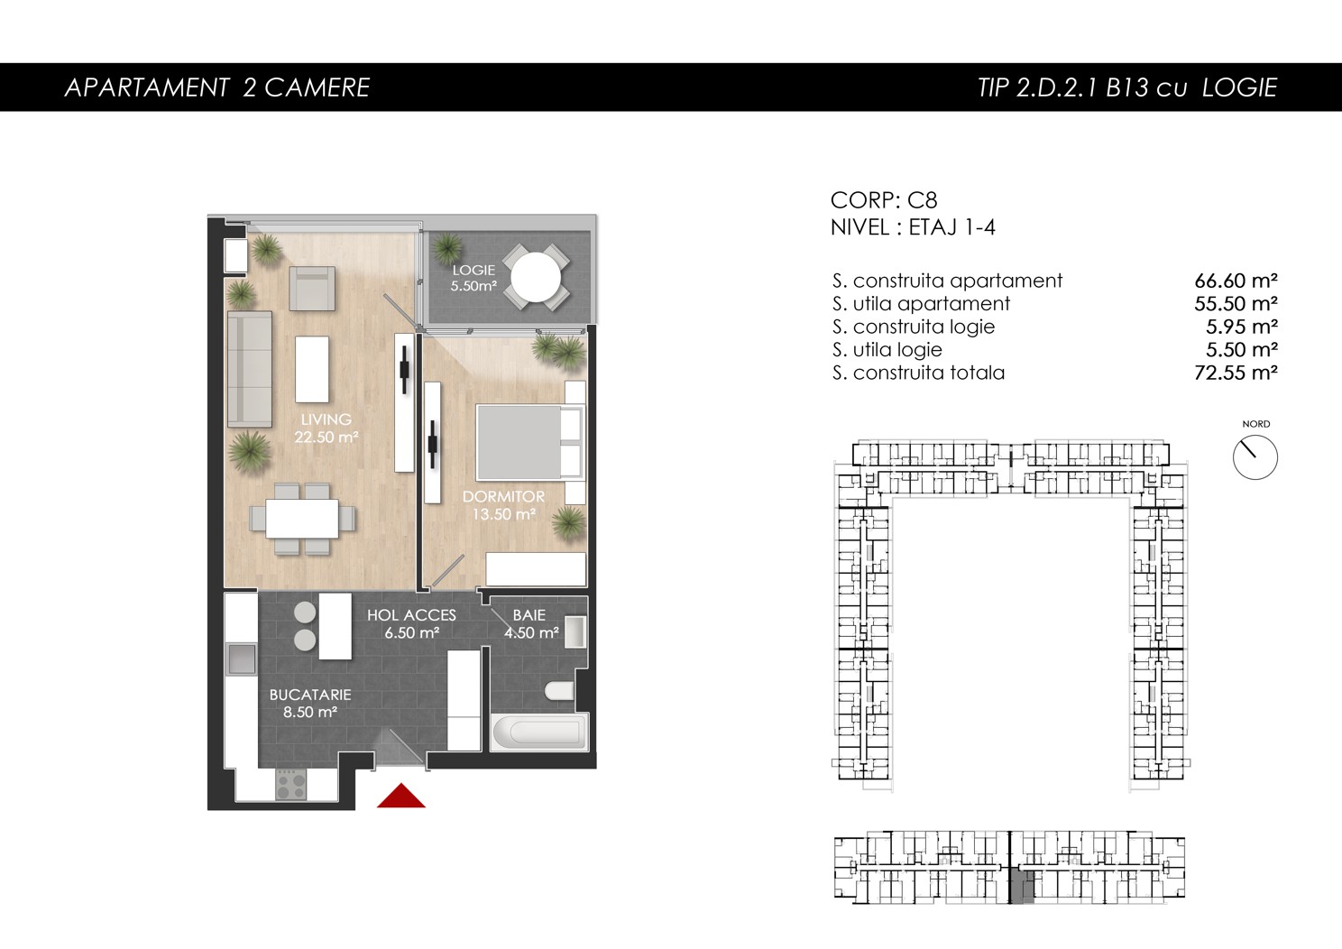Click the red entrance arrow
[400, 797]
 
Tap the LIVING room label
[326, 419]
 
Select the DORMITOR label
[503, 497]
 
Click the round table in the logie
[536, 277]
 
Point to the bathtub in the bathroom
[539, 732]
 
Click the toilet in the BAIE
[559, 691]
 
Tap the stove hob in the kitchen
[291, 784]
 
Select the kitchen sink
[241, 659]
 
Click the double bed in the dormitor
[529, 443]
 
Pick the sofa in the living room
[249, 368]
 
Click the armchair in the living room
[311, 288]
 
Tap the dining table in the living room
[302, 519]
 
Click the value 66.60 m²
[1236, 281]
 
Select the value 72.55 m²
[1236, 373]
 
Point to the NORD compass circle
[1255, 457]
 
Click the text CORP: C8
[884, 200]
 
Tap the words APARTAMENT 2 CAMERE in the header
[217, 88]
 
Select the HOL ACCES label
[411, 615]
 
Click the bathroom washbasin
[574, 631]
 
